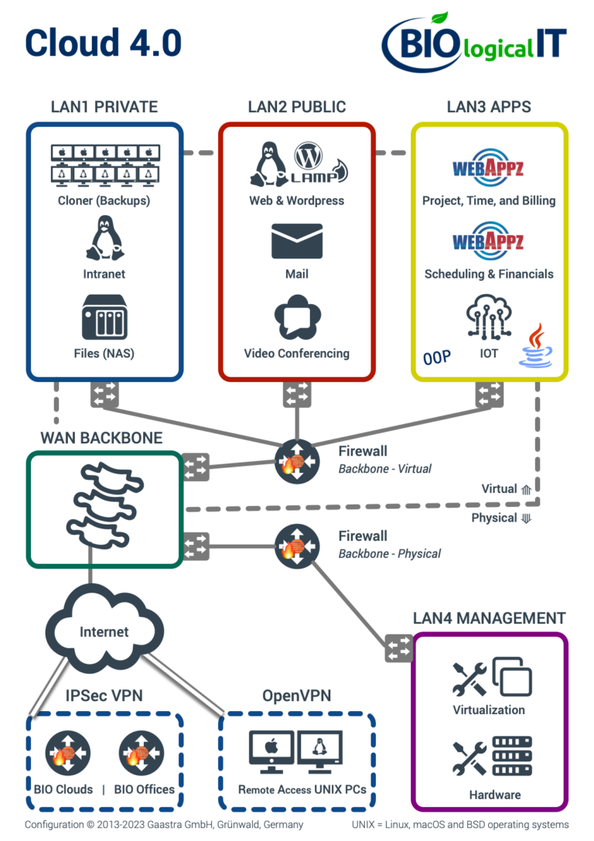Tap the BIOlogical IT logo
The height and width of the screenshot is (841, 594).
pyautogui.click(x=473, y=43)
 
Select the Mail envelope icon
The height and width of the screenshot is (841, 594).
pyautogui.click(x=296, y=241)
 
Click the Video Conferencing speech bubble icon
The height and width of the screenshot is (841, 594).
pyautogui.click(x=296, y=318)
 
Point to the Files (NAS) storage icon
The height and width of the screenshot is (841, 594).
pyautogui.click(x=104, y=317)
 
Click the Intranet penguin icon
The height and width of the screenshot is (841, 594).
pyautogui.click(x=104, y=238)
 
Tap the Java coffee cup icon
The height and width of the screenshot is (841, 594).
pyautogui.click(x=537, y=347)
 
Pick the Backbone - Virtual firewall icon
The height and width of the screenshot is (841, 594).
pyautogui.click(x=296, y=463)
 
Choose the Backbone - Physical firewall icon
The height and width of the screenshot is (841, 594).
pyautogui.click(x=296, y=546)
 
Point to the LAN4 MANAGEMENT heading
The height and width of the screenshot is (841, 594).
pyautogui.click(x=489, y=618)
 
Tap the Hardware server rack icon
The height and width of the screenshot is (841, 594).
pyautogui.click(x=512, y=757)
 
